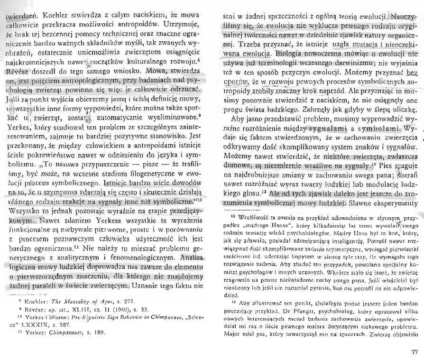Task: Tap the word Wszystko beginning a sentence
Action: pos(20,209)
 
